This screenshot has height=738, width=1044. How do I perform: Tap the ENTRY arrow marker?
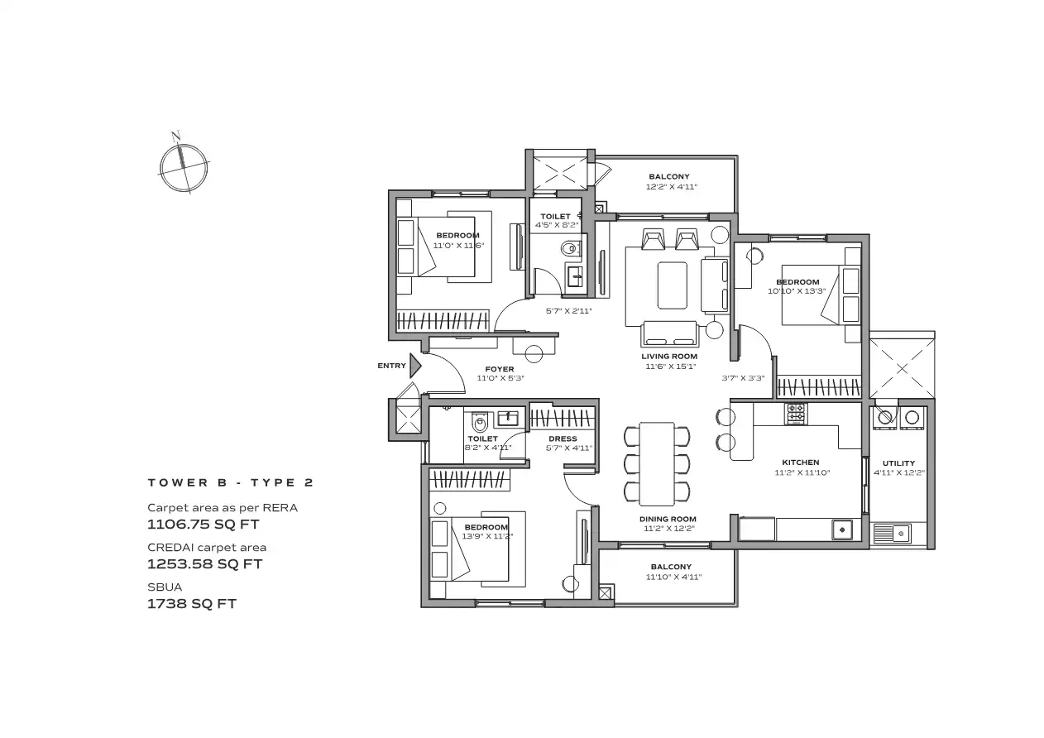415,366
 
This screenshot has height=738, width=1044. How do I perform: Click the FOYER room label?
499,369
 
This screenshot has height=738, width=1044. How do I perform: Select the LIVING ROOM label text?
669,357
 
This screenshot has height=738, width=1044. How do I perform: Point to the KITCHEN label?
800,462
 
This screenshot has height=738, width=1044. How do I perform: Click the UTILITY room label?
898,463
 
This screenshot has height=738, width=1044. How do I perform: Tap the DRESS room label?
563,438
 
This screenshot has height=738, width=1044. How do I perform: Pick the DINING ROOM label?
668,519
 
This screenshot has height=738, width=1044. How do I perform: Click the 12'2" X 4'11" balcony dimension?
671,187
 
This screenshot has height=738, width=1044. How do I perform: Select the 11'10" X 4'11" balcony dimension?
673,577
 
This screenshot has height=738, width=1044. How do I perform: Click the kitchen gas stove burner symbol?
796,413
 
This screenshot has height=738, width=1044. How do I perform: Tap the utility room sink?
892,533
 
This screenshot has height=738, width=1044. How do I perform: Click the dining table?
657,464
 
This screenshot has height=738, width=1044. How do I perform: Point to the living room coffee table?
672,285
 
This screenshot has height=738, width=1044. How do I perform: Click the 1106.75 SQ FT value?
204,525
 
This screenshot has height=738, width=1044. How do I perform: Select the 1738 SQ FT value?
192,604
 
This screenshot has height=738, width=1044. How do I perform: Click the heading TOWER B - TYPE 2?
231,482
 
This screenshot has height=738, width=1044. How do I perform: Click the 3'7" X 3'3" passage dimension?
744,378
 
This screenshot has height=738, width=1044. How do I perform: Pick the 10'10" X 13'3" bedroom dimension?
797,291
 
